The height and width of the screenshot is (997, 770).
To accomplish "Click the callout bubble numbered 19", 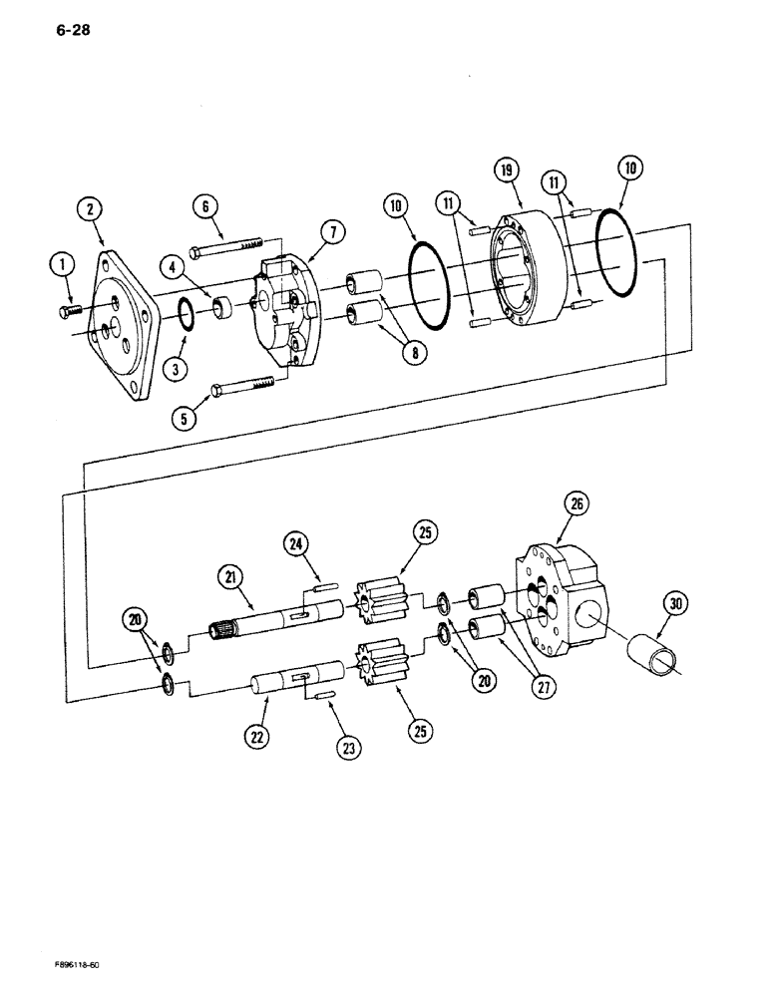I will tap(507, 173).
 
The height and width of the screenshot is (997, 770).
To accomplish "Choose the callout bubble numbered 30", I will tap(677, 604).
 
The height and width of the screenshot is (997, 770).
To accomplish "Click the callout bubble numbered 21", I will tap(230, 576).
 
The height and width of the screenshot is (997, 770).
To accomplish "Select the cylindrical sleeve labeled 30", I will tap(656, 659).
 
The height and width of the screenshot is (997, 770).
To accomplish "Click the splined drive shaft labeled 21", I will tap(279, 623).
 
